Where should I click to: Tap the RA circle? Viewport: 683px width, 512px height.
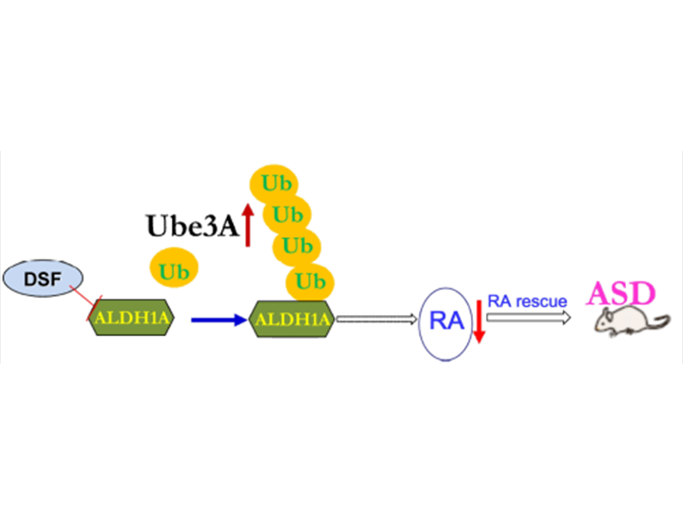[446, 322]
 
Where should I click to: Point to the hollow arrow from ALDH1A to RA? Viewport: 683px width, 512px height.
[376, 320]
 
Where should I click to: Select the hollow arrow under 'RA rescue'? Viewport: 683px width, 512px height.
[529, 317]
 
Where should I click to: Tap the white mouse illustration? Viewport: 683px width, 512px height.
[628, 323]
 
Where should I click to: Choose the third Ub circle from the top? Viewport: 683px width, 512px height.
[296, 247]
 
